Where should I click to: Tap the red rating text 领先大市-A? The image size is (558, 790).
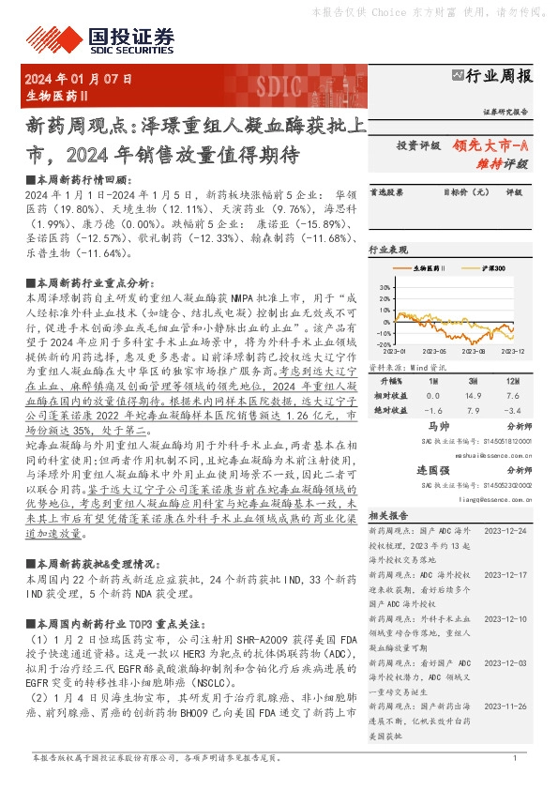click(x=491, y=145)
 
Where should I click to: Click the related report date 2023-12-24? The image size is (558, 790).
click(x=508, y=530)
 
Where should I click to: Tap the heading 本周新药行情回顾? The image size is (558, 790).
click(x=79, y=178)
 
